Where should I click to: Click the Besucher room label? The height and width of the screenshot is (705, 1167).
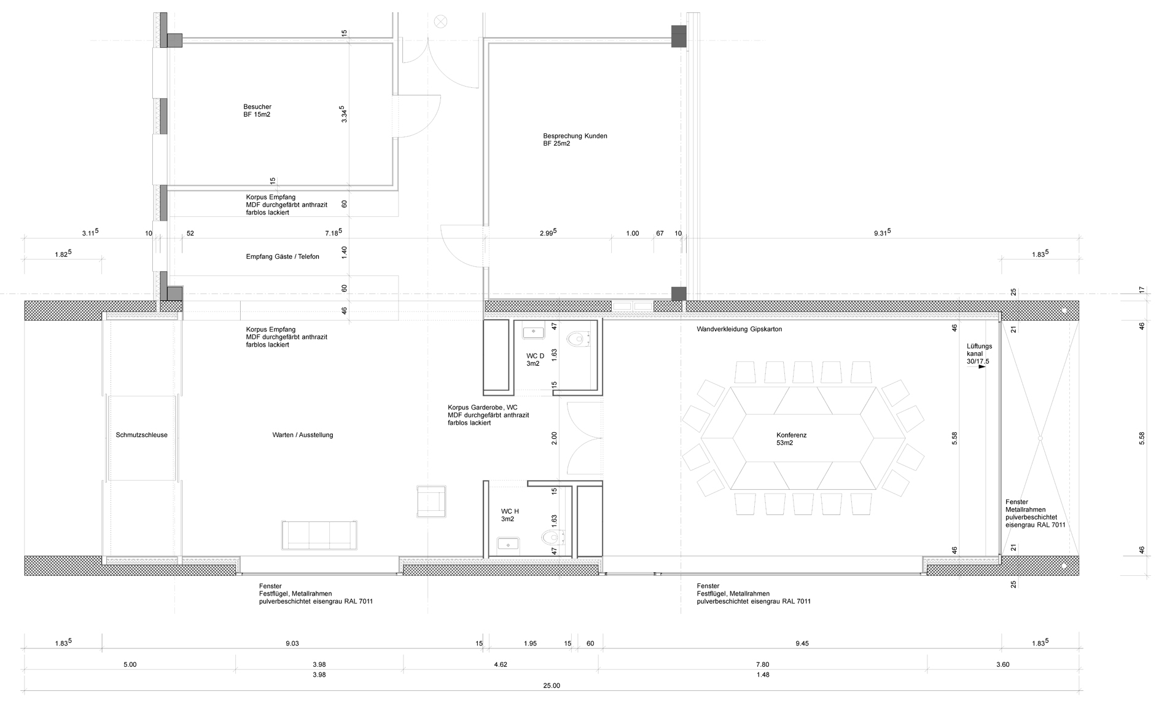click(257, 111)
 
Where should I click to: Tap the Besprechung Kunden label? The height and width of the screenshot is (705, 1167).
click(575, 140)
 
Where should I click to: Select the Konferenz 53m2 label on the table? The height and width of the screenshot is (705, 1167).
click(791, 439)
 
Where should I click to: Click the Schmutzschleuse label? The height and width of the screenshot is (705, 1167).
click(141, 435)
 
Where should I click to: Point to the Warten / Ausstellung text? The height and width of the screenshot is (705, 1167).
click(303, 435)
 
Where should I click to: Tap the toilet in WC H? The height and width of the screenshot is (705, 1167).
click(552, 538)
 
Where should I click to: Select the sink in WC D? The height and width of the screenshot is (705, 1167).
click(533, 333)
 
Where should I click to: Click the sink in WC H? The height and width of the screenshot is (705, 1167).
click(509, 543)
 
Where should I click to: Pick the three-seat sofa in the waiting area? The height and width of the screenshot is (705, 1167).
click(320, 535)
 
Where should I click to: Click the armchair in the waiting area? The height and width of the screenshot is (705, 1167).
click(431, 501)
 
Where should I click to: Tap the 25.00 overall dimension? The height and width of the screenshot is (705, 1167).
click(552, 686)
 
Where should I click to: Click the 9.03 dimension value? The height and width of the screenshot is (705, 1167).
click(292, 644)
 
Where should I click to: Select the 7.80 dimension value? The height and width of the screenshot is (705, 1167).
click(762, 664)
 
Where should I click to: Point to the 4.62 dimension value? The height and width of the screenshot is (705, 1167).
click(501, 664)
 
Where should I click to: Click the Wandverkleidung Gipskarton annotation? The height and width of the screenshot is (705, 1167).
click(740, 329)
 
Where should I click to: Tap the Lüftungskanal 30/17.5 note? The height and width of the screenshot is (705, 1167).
click(979, 354)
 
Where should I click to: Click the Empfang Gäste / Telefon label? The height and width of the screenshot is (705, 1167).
click(283, 256)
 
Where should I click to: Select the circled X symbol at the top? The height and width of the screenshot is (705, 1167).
click(440, 22)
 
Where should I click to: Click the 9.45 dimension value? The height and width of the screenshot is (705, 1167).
click(802, 644)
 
